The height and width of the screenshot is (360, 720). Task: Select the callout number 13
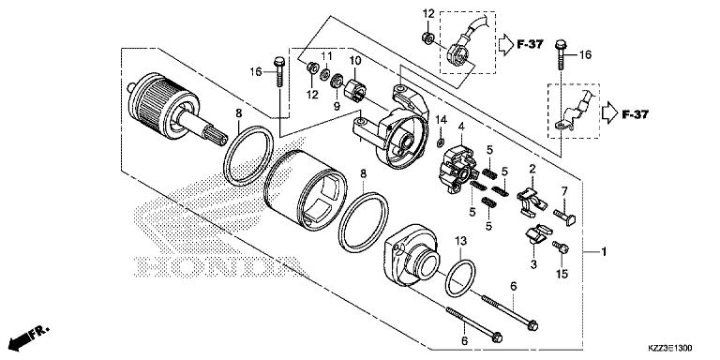click(460, 241)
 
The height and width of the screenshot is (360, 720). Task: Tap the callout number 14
click(440, 119)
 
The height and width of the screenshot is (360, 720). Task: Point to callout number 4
click(461, 126)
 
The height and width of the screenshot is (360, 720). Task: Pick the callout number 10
click(355, 62)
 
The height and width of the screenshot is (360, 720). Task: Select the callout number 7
click(564, 191)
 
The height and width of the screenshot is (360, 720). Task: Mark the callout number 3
click(532, 265)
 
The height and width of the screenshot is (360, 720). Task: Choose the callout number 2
click(532, 169)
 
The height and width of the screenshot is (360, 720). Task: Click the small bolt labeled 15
click(561, 247)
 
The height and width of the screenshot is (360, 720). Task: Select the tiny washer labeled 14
click(440, 141)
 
